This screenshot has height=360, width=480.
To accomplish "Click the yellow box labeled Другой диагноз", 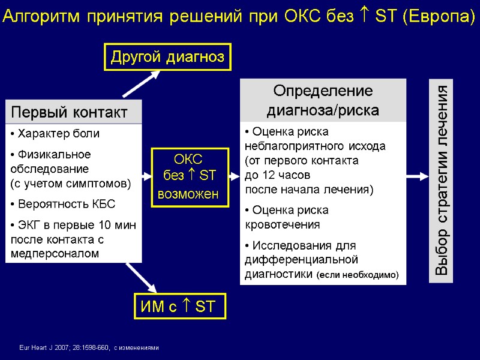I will tap(167, 57).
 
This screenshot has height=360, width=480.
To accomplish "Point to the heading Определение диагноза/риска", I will tap(323, 100).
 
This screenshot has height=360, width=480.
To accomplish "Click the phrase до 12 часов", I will tap(277, 175).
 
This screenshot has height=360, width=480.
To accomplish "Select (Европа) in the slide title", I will tap(439, 17).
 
